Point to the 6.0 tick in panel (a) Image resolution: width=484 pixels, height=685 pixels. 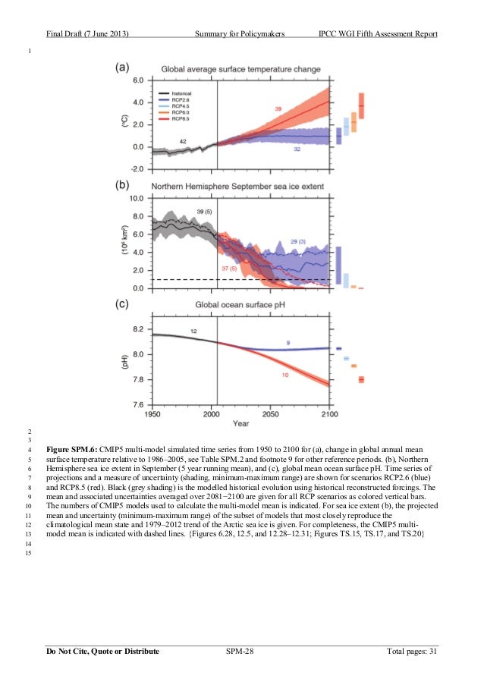point(138,80)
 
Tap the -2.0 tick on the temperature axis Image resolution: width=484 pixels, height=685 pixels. point(137,168)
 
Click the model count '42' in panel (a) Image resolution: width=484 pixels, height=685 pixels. point(183,142)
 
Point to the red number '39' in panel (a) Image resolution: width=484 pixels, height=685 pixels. point(278,110)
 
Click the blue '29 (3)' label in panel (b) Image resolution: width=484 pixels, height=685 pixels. point(297,241)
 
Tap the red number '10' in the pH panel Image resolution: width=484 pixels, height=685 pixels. point(284,375)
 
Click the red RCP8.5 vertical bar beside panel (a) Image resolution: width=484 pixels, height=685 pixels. point(361,105)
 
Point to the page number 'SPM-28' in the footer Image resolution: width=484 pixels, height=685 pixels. point(241,651)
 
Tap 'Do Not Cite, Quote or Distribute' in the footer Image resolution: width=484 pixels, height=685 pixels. point(102,651)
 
